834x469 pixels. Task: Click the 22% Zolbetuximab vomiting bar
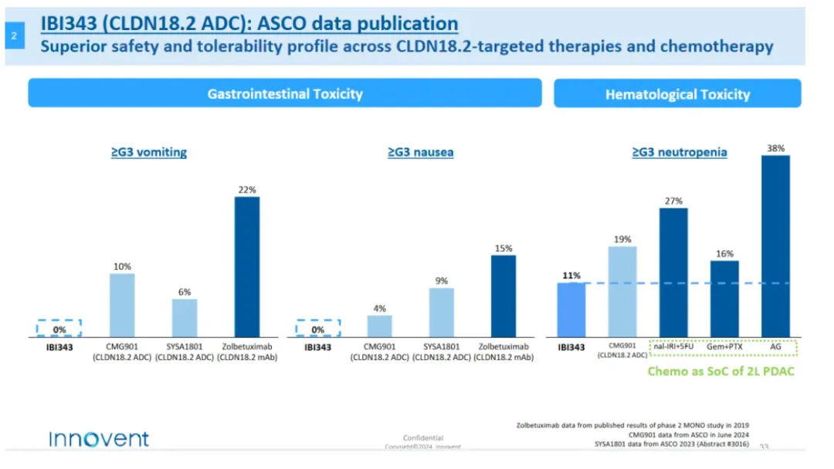point(247,267)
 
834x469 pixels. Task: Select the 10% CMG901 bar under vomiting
point(122,305)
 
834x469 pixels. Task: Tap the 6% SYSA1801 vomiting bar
point(185,318)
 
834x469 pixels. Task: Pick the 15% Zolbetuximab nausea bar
point(503,296)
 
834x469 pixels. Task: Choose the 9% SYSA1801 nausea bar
point(441,312)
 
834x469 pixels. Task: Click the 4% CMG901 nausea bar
point(379,326)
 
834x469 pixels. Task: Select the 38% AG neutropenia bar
point(775,246)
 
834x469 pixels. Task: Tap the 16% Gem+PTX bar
point(724,299)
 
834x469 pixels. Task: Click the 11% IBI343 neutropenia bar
point(571,310)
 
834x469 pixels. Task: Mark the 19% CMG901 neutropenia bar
point(622,292)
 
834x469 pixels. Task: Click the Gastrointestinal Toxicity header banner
point(285,93)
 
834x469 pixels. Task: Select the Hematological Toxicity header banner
point(677,94)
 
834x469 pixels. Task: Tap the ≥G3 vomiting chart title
point(149,152)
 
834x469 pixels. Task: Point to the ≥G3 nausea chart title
point(420,152)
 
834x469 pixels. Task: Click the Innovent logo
point(99,439)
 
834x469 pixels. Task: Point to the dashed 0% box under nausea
point(317,329)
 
